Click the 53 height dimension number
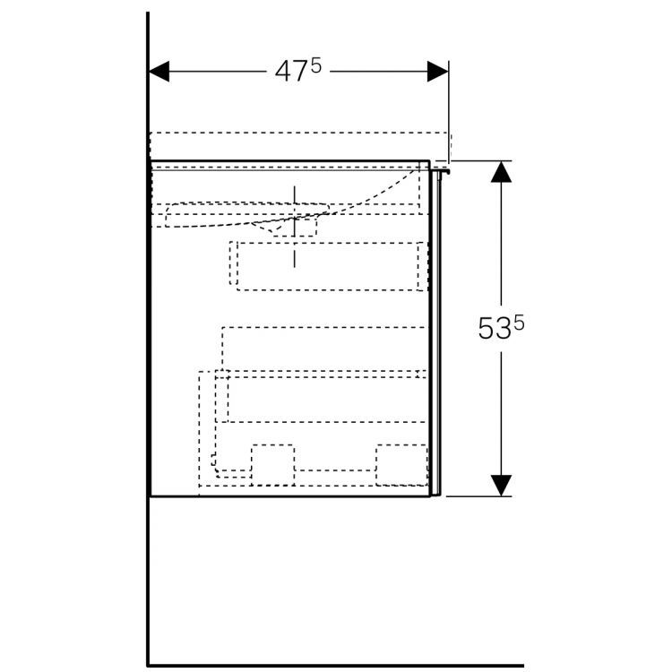494,330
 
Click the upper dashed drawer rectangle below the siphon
324,265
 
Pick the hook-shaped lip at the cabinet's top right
443,168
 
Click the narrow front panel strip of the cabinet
436,332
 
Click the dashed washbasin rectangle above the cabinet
300,143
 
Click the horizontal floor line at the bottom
335,641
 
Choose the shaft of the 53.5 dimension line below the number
501,412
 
